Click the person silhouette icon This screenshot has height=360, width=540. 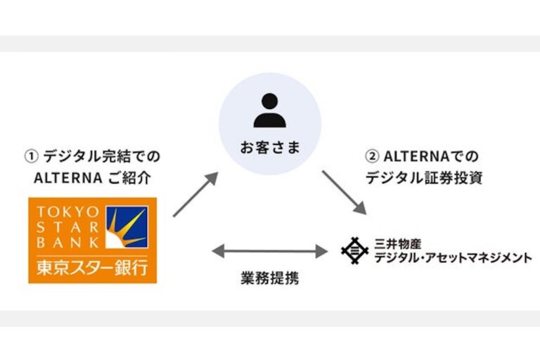point(269,110)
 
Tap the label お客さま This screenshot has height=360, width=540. point(269,148)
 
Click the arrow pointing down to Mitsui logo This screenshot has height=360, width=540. point(344,191)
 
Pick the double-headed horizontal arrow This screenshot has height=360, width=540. point(270,250)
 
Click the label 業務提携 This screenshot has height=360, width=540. point(270,278)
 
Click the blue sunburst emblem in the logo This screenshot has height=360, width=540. point(127,227)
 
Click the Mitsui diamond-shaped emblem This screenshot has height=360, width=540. point(354,249)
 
